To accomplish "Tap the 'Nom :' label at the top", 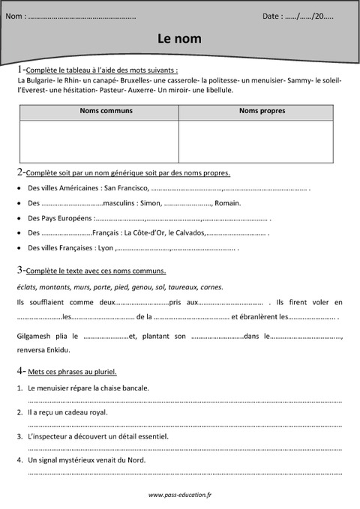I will point(16,15).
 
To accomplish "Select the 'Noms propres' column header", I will point(256,111).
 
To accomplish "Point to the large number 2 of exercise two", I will point(19,172).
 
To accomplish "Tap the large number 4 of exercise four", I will point(19,370).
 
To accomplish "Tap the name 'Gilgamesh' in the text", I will point(33,336).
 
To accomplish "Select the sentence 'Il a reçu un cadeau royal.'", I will point(67,412).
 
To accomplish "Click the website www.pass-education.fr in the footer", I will point(180,495).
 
